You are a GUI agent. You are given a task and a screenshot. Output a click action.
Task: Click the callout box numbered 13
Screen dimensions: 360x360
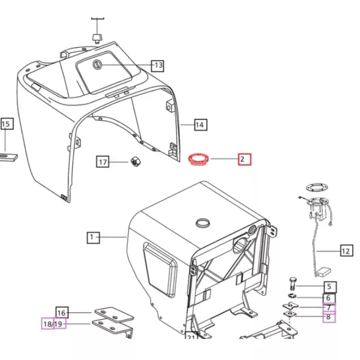pyautogui.click(x=157, y=66)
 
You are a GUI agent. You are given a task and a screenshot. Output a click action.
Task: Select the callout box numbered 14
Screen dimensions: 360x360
pyautogui.click(x=201, y=125)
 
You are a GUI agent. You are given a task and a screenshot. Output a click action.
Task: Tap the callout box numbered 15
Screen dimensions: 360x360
pyautogui.click(x=7, y=124)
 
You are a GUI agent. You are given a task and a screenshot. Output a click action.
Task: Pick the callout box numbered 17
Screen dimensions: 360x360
pyautogui.click(x=103, y=162)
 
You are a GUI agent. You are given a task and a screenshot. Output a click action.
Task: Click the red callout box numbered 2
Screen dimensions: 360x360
pyautogui.click(x=244, y=159)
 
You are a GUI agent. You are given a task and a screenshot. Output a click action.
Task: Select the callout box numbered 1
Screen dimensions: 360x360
pyautogui.click(x=93, y=238)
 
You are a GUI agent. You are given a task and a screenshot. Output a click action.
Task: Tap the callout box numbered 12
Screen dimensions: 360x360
pyautogui.click(x=346, y=251)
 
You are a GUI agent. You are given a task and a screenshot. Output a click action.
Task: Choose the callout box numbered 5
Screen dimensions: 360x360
pyautogui.click(x=330, y=287)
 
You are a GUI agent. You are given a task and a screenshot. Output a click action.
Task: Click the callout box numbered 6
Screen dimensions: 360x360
pyautogui.click(x=329, y=298)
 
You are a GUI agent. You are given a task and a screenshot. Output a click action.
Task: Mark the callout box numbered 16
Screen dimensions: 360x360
pyautogui.click(x=62, y=312)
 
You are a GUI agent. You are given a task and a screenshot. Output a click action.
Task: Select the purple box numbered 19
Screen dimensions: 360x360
pyautogui.click(x=60, y=324)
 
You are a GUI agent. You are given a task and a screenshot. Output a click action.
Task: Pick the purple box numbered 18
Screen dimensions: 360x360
pyautogui.click(x=48, y=324)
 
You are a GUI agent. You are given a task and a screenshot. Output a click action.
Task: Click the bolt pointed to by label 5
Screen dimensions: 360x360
pyautogui.click(x=292, y=284)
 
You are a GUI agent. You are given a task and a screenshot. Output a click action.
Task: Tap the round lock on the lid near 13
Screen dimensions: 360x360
pyautogui.click(x=96, y=65)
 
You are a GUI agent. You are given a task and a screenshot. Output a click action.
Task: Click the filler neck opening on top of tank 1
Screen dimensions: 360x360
pyautogui.click(x=203, y=223)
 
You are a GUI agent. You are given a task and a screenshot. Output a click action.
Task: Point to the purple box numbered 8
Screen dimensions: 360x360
pyautogui.click(x=329, y=317)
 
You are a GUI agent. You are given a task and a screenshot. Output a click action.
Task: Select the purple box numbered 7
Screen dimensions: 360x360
pyautogui.click(x=329, y=307)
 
